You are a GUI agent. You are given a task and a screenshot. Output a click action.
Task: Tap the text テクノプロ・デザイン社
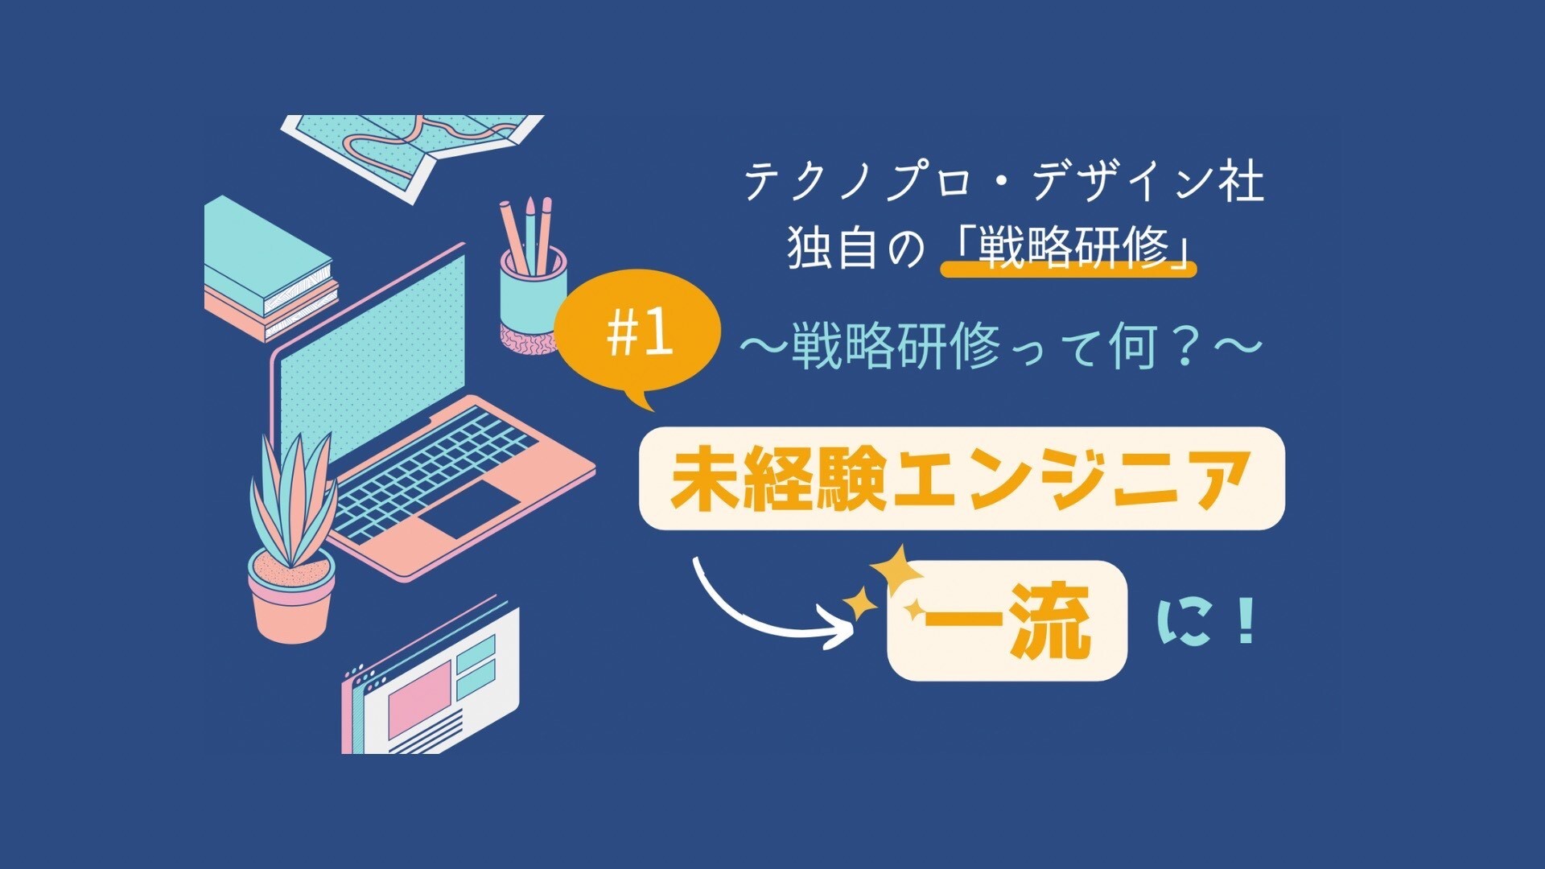click(1003, 182)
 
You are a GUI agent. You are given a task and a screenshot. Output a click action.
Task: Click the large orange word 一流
click(1007, 620)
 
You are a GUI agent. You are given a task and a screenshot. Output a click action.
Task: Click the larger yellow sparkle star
click(896, 569)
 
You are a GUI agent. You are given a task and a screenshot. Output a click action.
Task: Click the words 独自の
click(857, 247)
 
